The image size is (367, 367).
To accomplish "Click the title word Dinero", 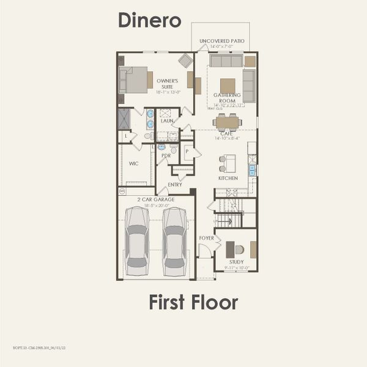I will click(149, 20).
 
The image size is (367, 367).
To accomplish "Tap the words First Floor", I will click(193, 302).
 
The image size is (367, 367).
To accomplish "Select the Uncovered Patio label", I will click(222, 41).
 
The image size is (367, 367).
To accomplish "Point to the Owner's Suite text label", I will click(167, 83).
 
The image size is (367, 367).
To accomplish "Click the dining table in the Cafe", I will click(228, 122).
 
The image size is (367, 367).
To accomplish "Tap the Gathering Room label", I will click(228, 98).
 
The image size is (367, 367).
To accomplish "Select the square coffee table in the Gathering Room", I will click(228, 85).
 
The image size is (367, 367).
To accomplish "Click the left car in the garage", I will click(136, 240).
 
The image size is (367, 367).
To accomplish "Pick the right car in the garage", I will click(174, 240).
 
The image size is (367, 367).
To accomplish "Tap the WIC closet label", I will click(133, 163).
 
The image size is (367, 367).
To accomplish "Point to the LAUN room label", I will click(167, 121).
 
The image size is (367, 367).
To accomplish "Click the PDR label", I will click(166, 156).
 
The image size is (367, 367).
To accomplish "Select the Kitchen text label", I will click(228, 178).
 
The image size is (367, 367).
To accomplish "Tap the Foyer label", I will click(206, 237).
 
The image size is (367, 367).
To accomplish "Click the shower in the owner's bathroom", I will click(124, 118).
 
